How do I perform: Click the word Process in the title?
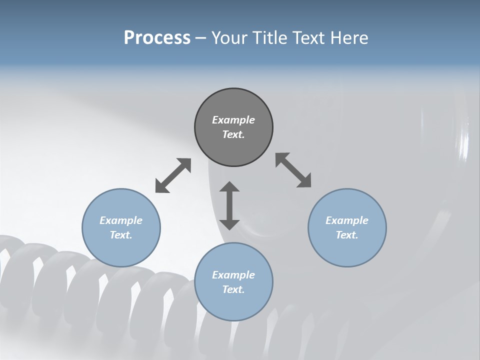157,37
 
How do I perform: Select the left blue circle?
121,250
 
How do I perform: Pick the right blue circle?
347,250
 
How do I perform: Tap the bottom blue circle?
233,305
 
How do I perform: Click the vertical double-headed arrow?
229,205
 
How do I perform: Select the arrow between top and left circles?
173,175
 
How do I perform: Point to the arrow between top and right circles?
293,170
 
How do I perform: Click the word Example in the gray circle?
233,120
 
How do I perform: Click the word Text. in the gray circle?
233,134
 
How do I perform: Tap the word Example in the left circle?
121,220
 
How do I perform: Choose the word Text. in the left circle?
121,235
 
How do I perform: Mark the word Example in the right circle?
347,220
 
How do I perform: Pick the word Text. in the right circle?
347,235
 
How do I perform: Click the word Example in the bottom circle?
233,275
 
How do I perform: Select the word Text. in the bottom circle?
233,289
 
